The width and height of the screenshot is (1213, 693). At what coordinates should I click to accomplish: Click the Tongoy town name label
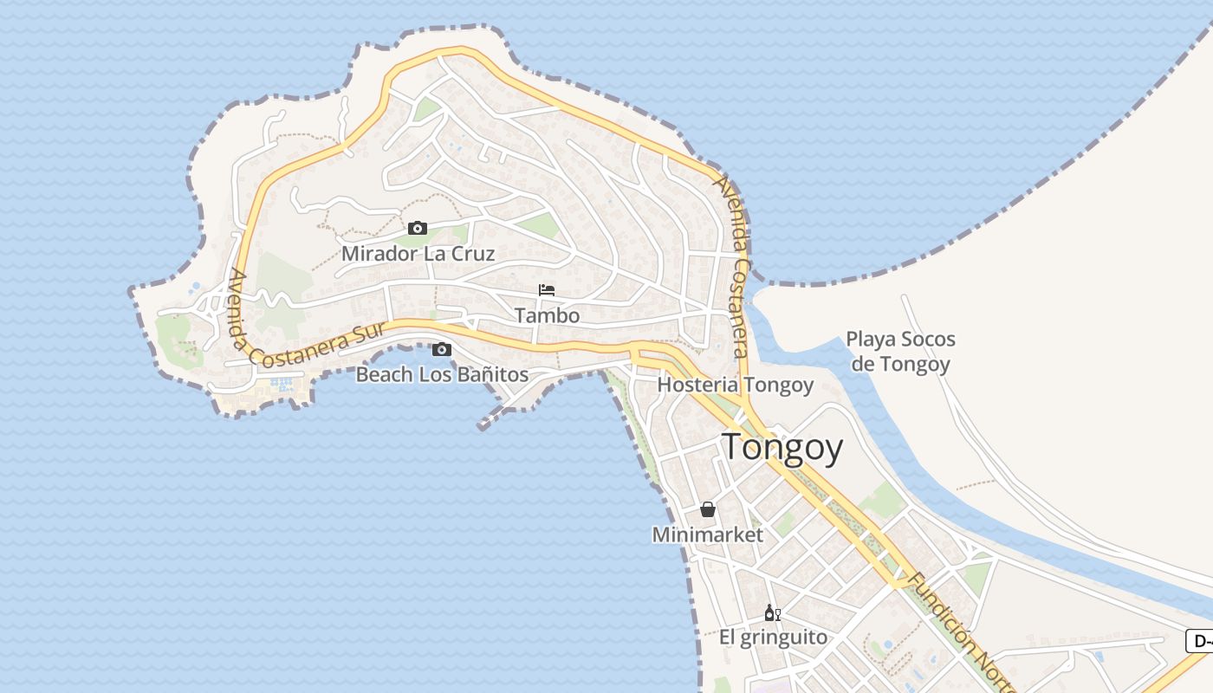click(782, 448)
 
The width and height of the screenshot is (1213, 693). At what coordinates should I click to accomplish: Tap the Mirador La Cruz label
click(418, 254)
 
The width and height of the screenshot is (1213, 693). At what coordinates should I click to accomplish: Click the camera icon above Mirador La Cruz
click(418, 228)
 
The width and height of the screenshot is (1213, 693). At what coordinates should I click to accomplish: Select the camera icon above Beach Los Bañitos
click(442, 349)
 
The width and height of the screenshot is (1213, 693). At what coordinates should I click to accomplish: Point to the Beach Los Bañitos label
click(442, 375)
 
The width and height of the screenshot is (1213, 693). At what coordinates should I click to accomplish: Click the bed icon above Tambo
click(547, 289)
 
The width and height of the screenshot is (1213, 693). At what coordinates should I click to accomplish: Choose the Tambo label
click(547, 315)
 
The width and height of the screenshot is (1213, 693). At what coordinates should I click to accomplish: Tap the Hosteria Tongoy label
click(736, 385)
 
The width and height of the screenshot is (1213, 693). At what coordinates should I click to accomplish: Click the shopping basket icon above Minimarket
click(708, 509)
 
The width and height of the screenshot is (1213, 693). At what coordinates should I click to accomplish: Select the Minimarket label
click(708, 534)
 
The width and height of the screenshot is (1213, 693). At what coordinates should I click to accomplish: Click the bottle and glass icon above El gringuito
click(773, 612)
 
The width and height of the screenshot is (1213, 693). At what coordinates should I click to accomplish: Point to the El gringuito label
click(773, 638)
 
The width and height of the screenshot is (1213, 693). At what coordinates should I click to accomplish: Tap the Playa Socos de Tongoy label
click(900, 351)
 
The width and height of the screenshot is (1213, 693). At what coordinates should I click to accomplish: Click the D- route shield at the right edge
click(1199, 641)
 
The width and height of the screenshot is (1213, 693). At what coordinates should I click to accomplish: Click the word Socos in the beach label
click(928, 339)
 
